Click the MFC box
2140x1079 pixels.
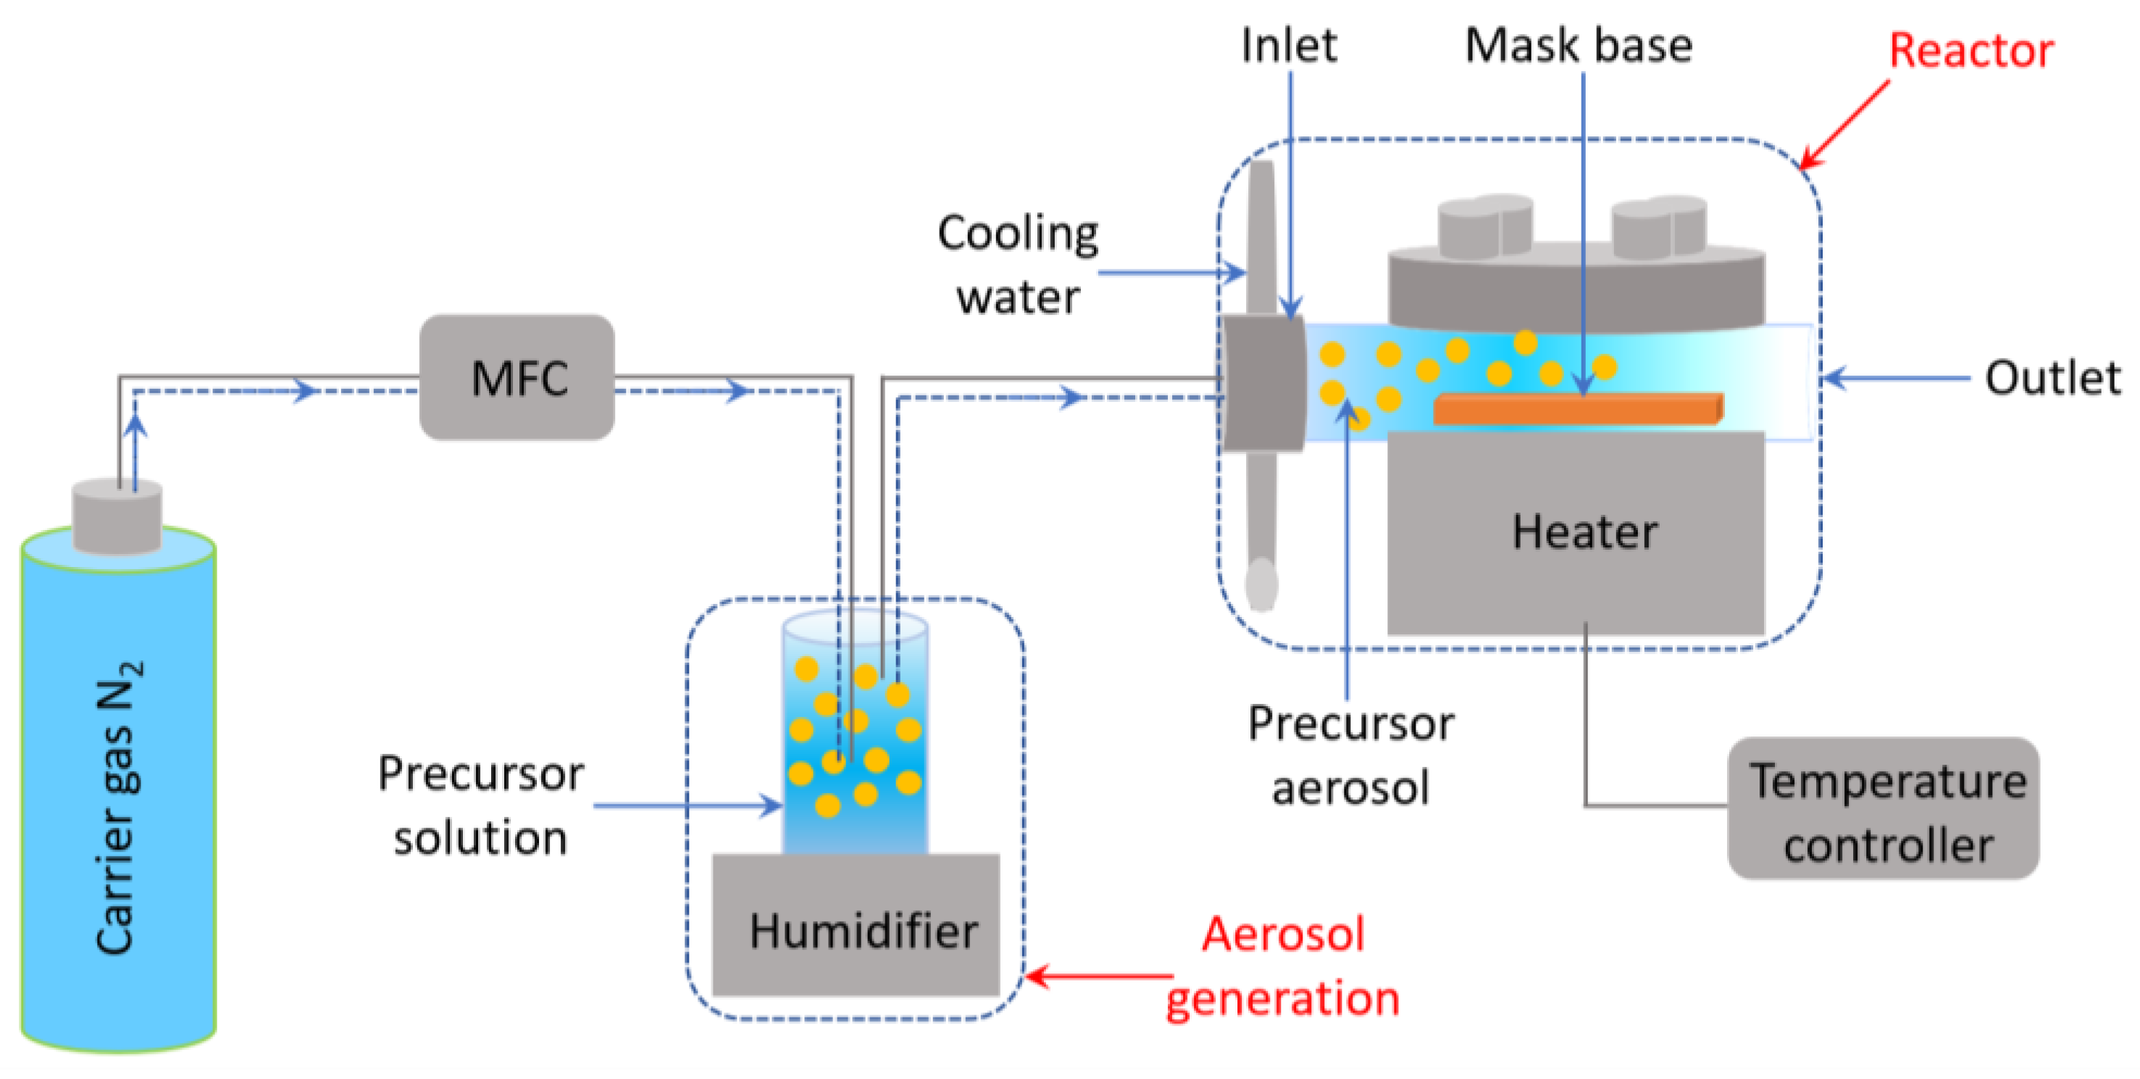pos(517,377)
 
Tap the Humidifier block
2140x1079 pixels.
pos(856,925)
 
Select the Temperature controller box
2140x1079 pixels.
pos(1884,809)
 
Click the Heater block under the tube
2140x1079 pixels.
pos(1576,532)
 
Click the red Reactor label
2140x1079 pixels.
pos(1970,51)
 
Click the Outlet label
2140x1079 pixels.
pos(2052,378)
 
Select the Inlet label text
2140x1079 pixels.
pos(1289,46)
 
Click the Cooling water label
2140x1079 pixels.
pos(1018,264)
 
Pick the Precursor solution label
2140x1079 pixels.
pos(481,805)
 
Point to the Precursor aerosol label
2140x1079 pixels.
pos(1351,755)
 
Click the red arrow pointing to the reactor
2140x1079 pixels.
pos(1844,125)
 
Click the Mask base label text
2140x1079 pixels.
pos(1578,46)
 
